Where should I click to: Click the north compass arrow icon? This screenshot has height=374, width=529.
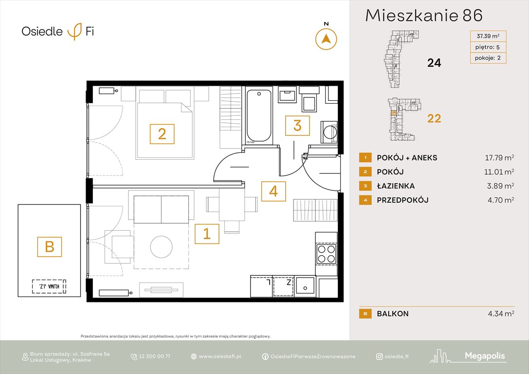click(326, 39)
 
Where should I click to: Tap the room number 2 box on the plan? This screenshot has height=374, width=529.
click(162, 133)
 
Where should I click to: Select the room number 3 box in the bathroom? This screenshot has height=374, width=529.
click(297, 126)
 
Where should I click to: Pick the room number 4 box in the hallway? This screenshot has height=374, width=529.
click(273, 191)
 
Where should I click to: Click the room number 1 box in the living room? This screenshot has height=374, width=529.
click(207, 234)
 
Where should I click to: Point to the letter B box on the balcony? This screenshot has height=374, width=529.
click(50, 246)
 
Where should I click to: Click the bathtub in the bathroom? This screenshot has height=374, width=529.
click(258, 116)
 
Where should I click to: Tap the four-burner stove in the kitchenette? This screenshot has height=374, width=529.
click(326, 253)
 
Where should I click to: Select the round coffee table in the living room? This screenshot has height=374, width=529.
click(162, 248)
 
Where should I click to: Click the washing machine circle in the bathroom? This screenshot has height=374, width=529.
click(329, 131)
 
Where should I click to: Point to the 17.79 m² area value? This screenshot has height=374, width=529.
click(500, 158)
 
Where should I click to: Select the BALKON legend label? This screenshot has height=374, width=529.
click(393, 314)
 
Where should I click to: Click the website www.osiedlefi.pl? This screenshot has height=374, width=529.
click(220, 356)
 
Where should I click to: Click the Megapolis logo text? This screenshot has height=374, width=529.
click(485, 356)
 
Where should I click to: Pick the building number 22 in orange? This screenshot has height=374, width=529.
click(434, 118)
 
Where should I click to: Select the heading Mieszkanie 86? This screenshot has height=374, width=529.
click(423, 16)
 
